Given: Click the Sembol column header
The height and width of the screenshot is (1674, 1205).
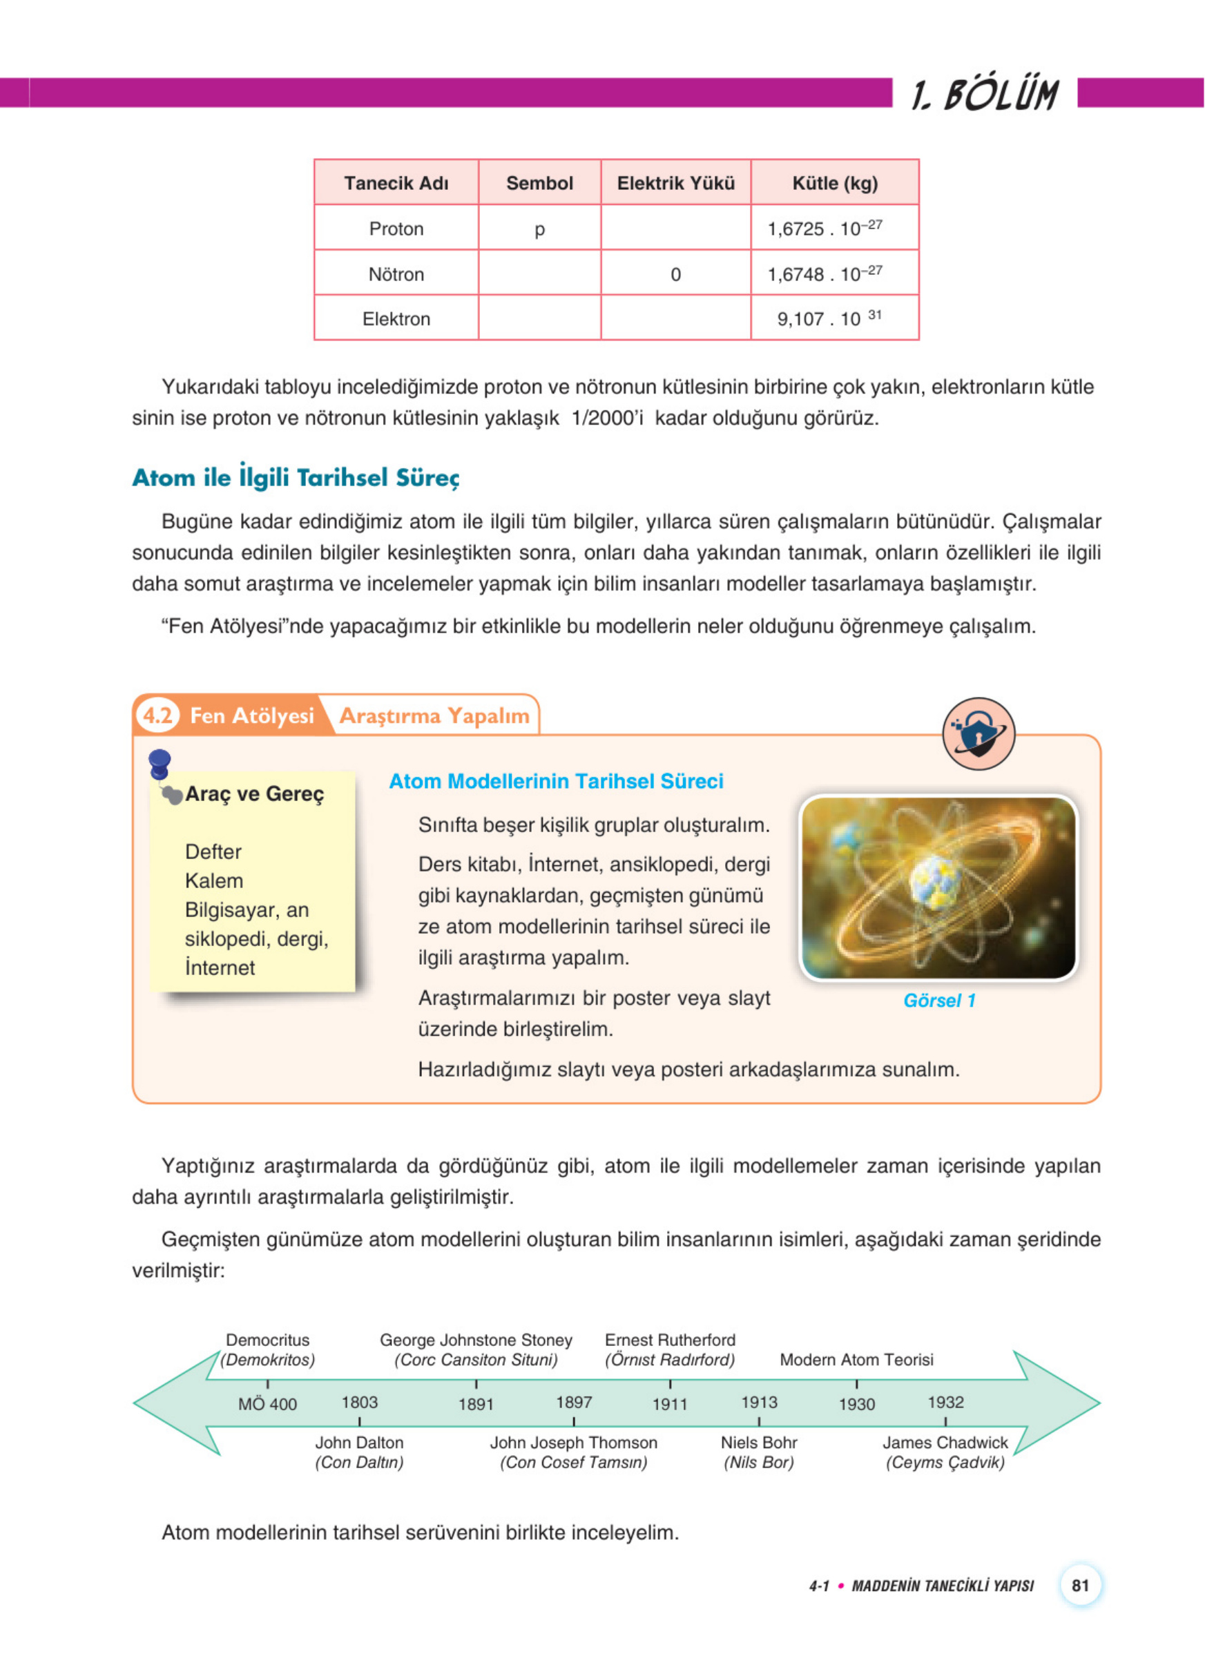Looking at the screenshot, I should [x=539, y=183].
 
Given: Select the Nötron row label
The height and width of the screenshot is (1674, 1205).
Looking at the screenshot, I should [x=396, y=275].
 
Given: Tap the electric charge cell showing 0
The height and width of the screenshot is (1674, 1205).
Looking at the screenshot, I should [x=675, y=275].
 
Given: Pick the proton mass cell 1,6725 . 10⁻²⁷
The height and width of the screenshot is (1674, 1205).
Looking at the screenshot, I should [x=825, y=228].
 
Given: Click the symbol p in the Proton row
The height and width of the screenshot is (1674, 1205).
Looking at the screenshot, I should [x=539, y=229].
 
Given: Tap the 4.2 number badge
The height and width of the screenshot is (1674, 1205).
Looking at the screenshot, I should [x=157, y=715].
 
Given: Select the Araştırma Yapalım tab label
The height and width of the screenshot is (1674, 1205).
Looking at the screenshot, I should [x=434, y=716].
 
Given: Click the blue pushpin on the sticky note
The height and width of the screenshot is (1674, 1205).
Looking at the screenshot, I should [x=160, y=762].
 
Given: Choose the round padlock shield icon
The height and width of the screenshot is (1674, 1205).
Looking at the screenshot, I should [x=979, y=733].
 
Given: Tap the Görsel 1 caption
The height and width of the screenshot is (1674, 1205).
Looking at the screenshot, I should [x=939, y=1000].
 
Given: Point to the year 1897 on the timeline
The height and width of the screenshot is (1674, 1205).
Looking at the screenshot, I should [x=574, y=1402].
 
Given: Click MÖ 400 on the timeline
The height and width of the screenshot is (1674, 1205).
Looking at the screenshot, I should [x=267, y=1404].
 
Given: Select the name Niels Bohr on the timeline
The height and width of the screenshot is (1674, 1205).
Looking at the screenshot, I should [x=759, y=1442].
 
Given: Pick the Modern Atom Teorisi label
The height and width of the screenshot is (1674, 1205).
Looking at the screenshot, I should [x=856, y=1360].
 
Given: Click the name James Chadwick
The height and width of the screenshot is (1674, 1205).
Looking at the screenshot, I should [x=945, y=1442].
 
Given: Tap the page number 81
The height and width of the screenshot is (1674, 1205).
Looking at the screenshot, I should [x=1080, y=1586].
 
